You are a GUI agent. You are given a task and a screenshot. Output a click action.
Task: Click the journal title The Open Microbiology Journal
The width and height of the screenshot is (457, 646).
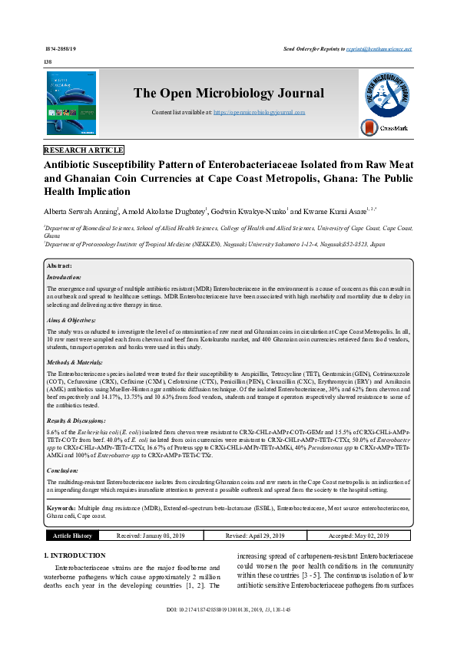pyautogui.click(x=229, y=94)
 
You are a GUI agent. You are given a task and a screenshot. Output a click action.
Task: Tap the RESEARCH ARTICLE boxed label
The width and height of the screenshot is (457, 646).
pyautogui.click(x=84, y=150)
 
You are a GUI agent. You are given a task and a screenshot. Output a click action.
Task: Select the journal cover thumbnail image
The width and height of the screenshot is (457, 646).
pyautogui.click(x=71, y=104)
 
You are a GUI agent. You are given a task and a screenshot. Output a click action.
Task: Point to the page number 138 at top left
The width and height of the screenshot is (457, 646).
pyautogui.click(x=48, y=61)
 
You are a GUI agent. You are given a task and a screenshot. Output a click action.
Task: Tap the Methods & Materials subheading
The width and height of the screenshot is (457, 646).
pyautogui.click(x=75, y=361)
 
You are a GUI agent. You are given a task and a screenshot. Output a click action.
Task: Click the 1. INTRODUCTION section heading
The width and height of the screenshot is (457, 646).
pyautogui.click(x=75, y=555)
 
